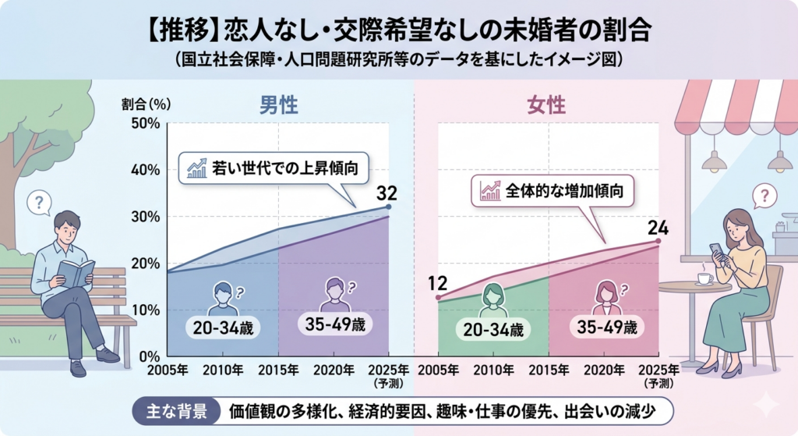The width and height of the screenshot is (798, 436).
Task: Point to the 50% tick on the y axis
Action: click(x=146, y=123)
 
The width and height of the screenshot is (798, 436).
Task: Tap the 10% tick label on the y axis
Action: click(x=146, y=310)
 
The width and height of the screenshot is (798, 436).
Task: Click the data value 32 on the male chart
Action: click(x=387, y=193)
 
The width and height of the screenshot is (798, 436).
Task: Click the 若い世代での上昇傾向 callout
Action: click(x=274, y=167)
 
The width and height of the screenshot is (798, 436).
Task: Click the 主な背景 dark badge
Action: click(x=172, y=410)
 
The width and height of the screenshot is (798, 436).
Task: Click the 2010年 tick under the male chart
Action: click(x=224, y=369)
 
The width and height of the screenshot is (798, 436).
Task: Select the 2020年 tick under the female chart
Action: click(x=605, y=369)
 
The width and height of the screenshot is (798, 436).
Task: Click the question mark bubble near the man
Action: click(x=38, y=204)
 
